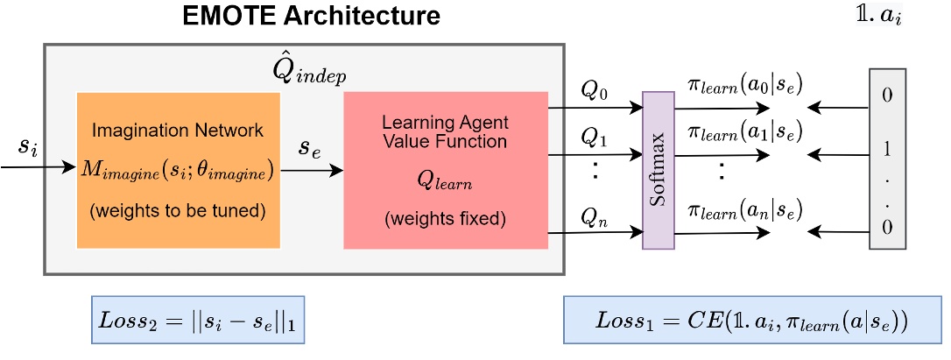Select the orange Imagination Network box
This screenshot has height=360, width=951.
click(179, 171)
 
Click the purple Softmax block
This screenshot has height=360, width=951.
click(659, 170)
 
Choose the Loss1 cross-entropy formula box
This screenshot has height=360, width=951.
click(752, 321)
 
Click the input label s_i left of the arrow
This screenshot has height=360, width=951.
click(29, 146)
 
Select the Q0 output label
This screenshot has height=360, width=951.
click(593, 92)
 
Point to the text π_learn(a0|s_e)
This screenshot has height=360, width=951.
click(745, 87)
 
